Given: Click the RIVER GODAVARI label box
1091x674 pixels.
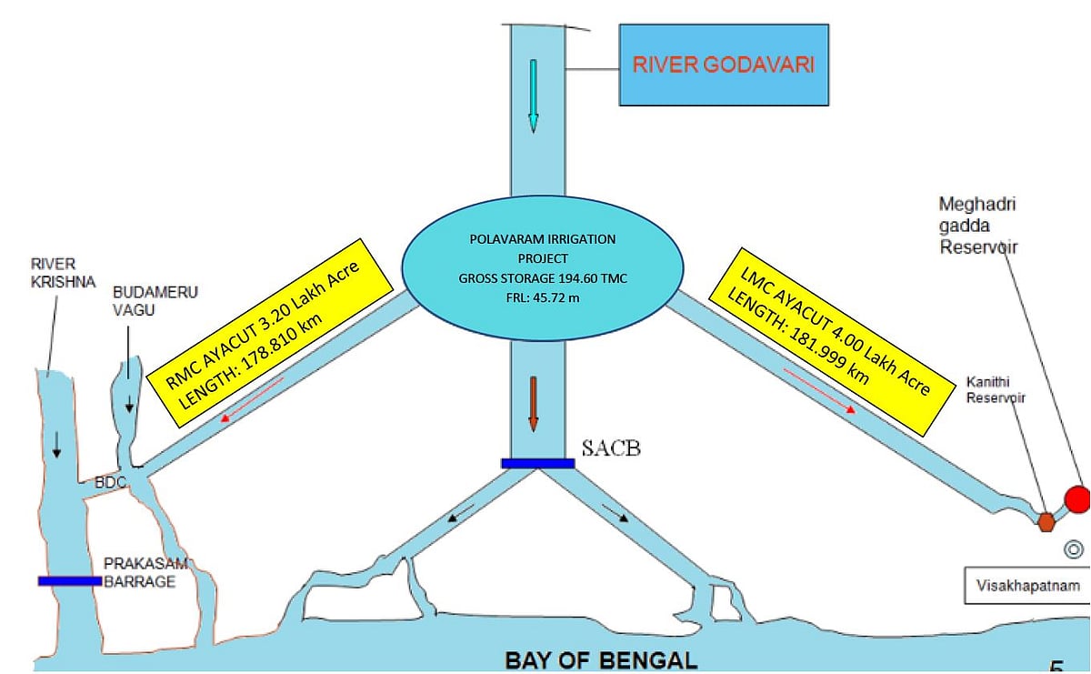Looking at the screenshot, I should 724,65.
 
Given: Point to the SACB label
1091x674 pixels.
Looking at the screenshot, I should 611,448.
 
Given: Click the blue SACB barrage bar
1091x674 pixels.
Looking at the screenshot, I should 537,463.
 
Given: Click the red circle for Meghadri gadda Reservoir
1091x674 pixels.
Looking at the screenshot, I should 1077,498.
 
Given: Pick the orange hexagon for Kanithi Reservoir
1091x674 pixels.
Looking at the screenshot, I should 1046,521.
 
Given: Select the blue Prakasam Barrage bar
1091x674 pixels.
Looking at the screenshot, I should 69,580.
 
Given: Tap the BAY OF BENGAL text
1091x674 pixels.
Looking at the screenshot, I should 601,659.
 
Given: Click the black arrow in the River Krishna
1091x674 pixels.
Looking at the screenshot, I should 57,444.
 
